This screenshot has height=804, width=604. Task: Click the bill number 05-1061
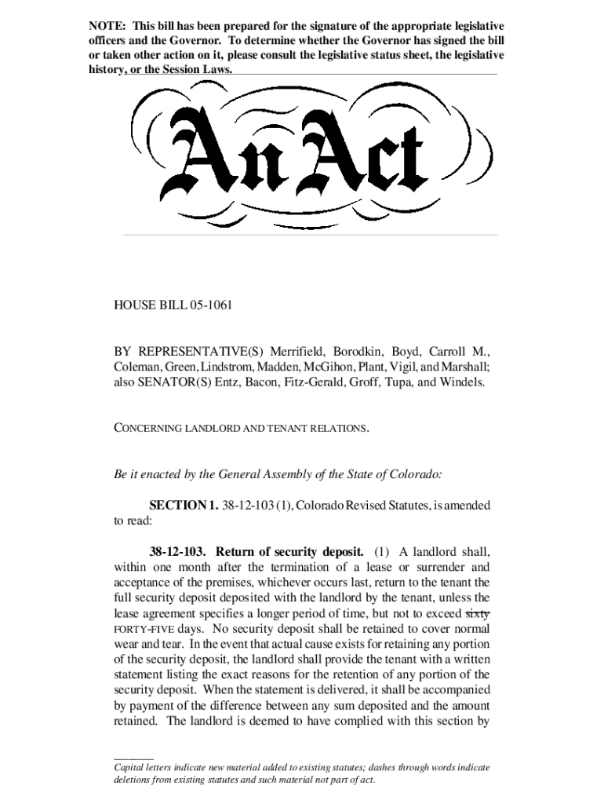tap(208, 304)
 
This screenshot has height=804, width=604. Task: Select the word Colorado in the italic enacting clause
tap(411, 474)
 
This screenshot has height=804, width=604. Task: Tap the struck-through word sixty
tap(477, 614)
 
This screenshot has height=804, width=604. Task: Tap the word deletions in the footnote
tap(136, 780)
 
